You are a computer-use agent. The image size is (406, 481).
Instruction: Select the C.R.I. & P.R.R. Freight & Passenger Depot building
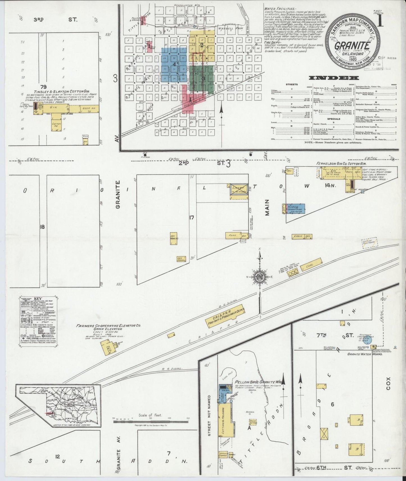[x=225, y=316]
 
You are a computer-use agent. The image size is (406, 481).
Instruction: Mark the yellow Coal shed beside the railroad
[x=309, y=268]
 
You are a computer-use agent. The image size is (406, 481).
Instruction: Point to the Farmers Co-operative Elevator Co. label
[x=108, y=326]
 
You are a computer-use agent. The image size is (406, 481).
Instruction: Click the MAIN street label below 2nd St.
[x=267, y=207]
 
